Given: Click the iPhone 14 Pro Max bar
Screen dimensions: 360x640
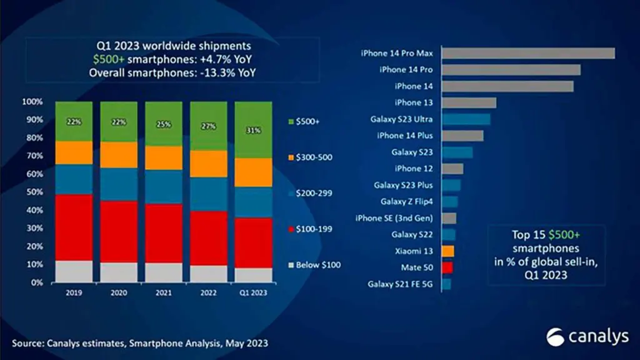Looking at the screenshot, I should click(x=528, y=53).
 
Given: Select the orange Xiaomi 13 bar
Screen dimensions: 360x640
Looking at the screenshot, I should click(x=447, y=251).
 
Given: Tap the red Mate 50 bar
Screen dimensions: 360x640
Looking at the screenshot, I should click(x=447, y=267).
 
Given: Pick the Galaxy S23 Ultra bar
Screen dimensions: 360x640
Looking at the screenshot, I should click(x=466, y=119).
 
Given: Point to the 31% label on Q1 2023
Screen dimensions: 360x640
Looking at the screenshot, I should click(x=254, y=130).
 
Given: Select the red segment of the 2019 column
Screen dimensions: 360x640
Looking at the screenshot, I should click(x=74, y=227).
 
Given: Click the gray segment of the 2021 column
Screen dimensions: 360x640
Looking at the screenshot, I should click(x=164, y=272).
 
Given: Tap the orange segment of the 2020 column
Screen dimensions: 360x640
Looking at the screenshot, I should click(x=119, y=154).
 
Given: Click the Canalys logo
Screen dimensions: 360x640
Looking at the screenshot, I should click(x=587, y=337).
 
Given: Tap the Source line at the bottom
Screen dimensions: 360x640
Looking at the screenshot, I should click(x=141, y=343).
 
